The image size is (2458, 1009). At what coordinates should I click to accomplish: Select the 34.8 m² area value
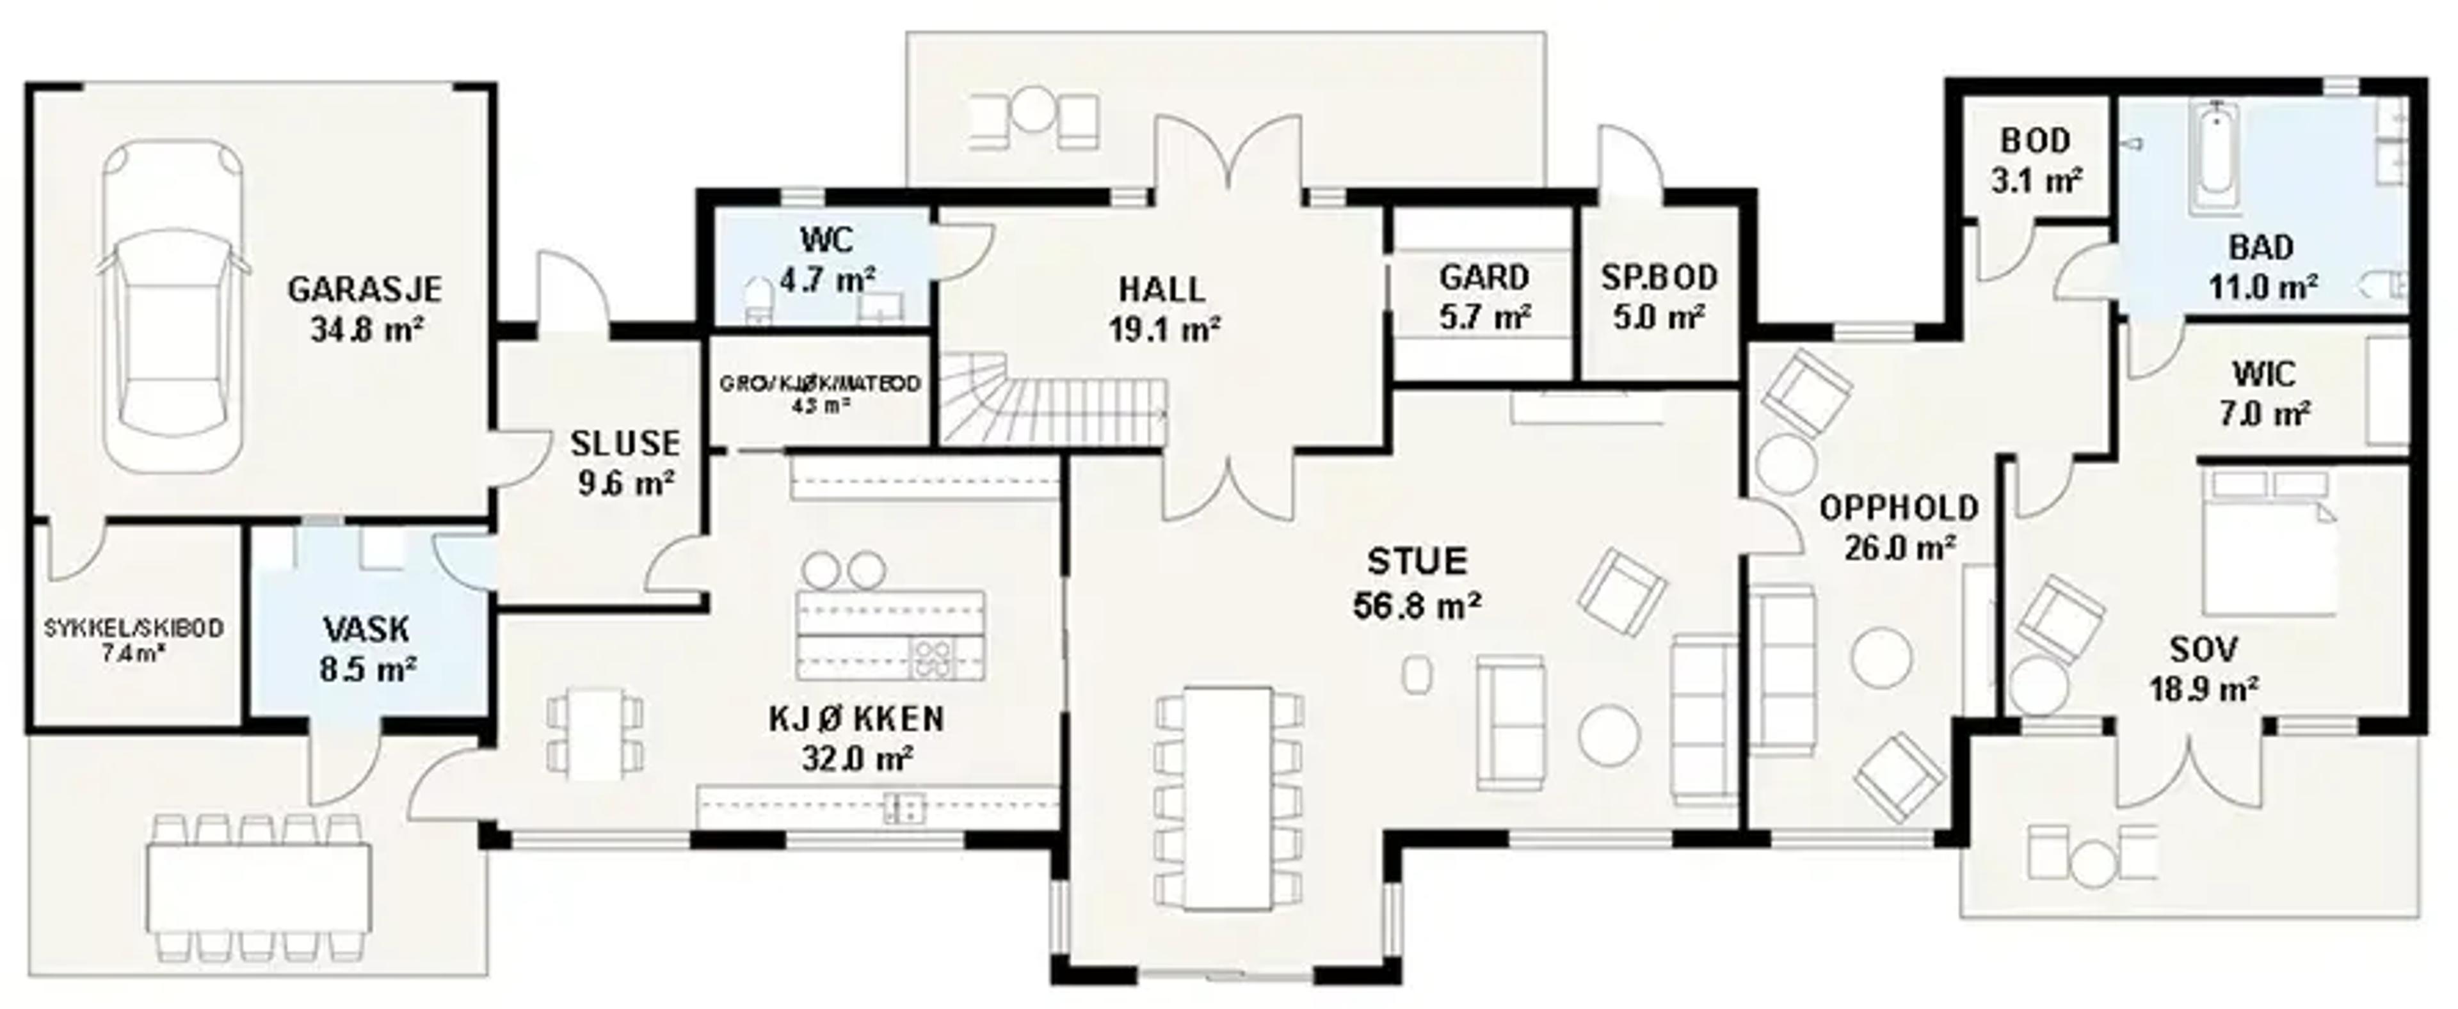[366, 330]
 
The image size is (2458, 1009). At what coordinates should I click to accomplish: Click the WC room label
[826, 239]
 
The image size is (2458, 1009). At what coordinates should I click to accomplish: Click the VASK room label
[366, 630]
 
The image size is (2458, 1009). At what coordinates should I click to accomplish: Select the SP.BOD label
[1659, 278]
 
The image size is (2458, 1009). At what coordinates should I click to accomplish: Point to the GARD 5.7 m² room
[1484, 296]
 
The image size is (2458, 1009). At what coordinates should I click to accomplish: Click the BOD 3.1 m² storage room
[2036, 159]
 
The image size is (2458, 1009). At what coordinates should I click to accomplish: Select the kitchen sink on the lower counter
[903, 807]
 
